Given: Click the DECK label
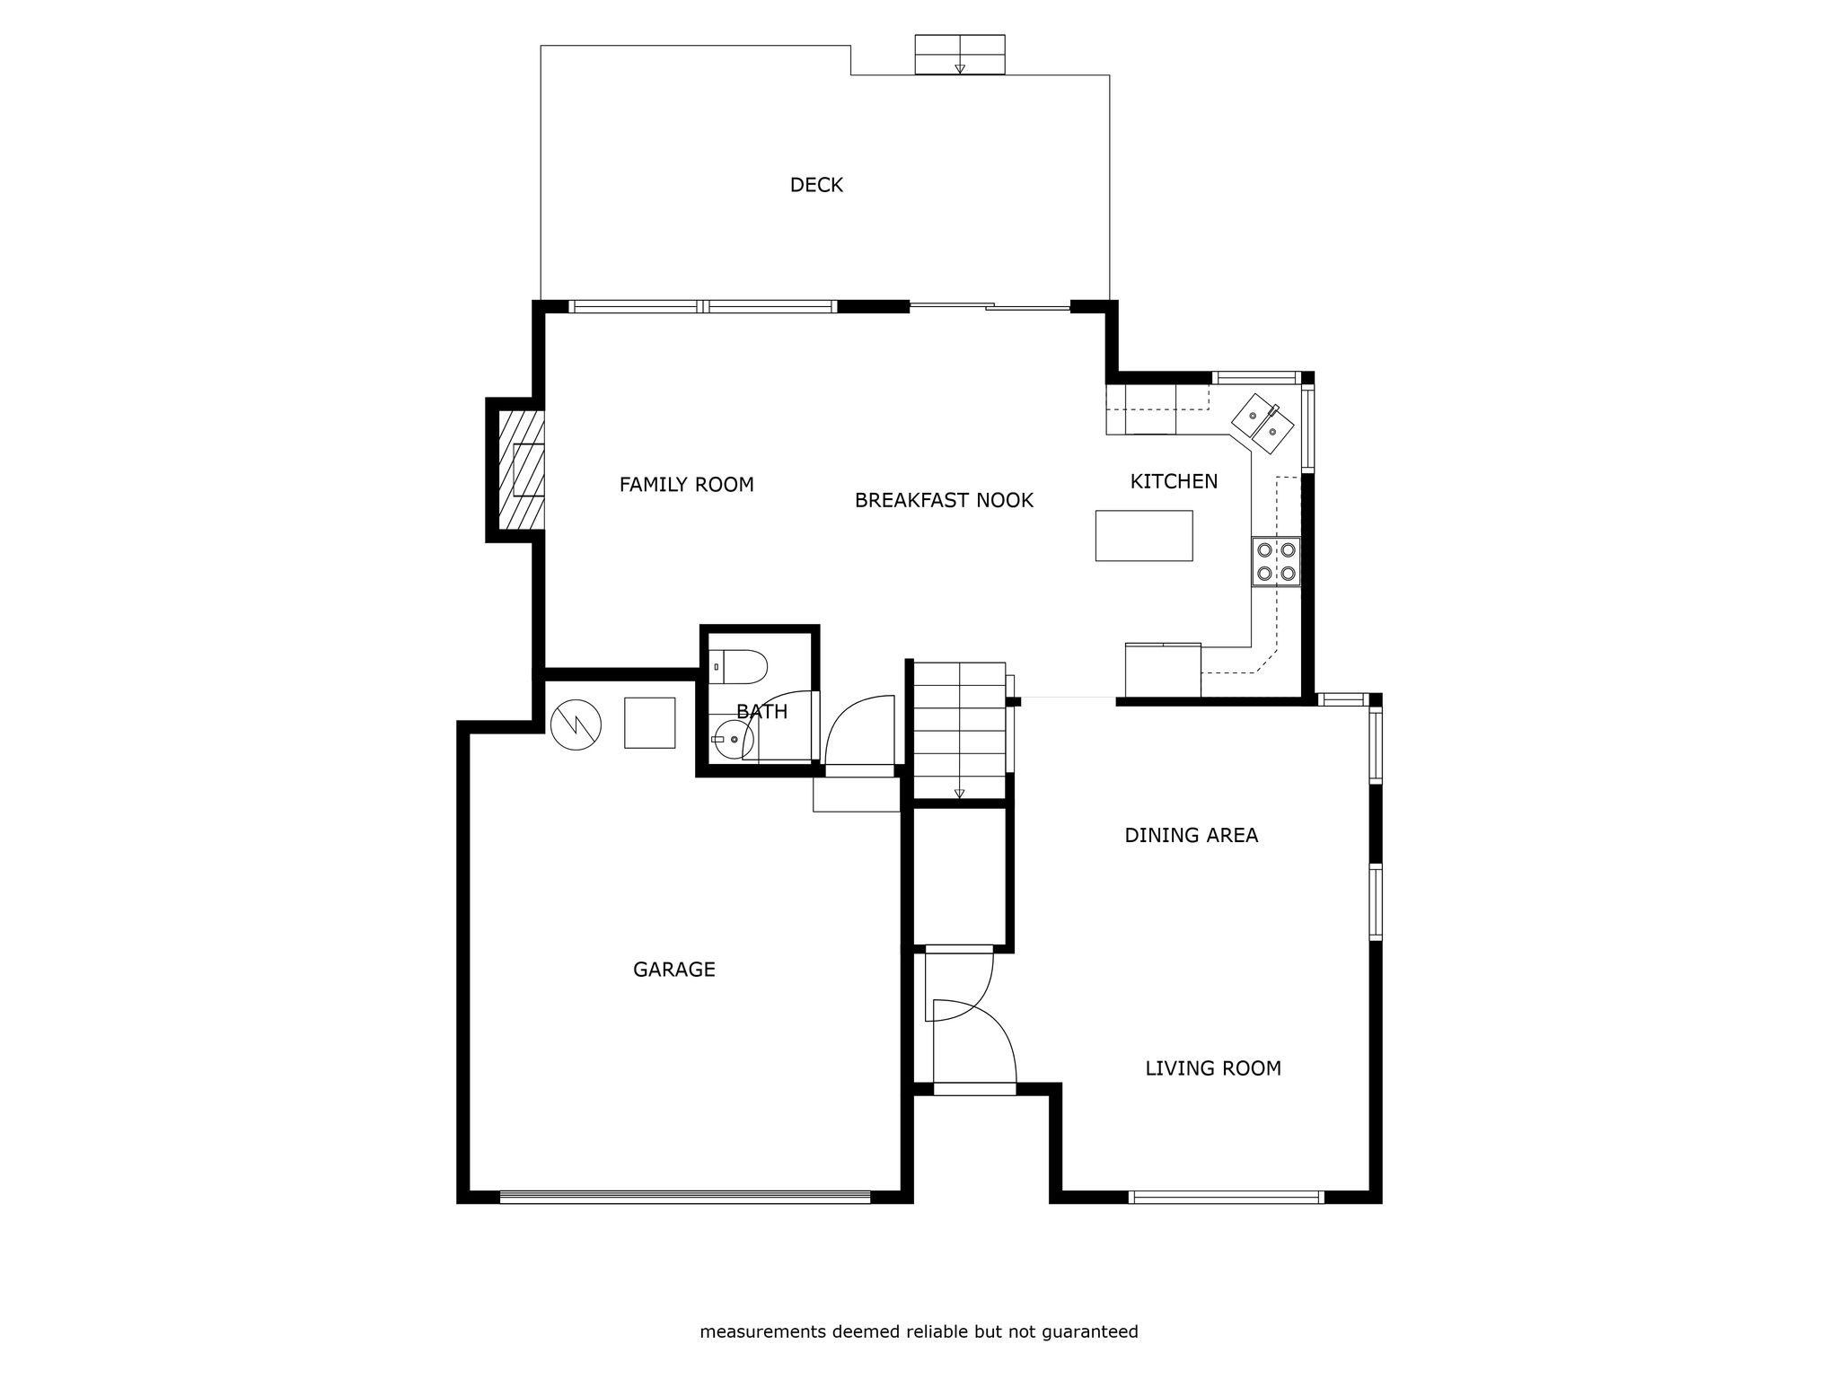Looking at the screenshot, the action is coord(816,185).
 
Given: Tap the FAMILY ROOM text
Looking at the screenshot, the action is coord(686,485).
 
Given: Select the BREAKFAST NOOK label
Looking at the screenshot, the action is coord(944,500).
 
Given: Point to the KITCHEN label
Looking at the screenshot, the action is coord(1174,481).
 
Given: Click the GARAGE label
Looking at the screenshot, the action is coord(673,970).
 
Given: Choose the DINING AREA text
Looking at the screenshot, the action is coord(1191,835).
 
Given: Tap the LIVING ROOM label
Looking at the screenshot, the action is coord(1212,1068).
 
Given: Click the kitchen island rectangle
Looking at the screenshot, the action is coord(1144,536).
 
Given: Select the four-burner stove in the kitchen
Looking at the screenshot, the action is coord(1276,561).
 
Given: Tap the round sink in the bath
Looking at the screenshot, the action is coord(735,739).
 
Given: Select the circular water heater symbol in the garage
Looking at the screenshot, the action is coord(576,725).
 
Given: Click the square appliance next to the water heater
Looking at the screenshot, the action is coord(649,723).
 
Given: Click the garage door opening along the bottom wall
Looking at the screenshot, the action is coord(685,1197).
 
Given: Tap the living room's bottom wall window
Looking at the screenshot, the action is coord(1226,1197).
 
